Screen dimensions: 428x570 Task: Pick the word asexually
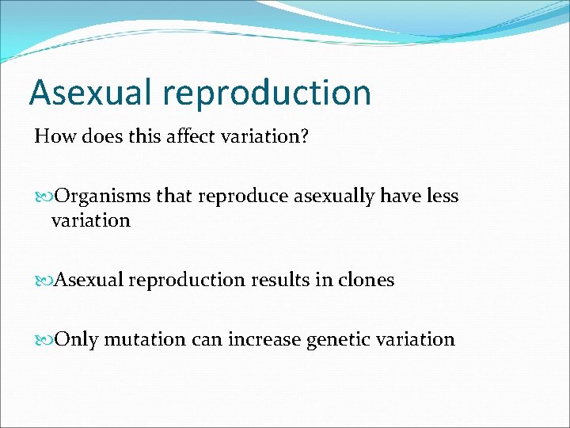pyautogui.click(x=333, y=197)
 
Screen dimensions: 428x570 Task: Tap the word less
pyautogui.click(x=442, y=196)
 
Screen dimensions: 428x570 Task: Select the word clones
pyautogui.click(x=366, y=280)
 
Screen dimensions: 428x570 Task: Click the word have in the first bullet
pyautogui.click(x=399, y=196)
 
